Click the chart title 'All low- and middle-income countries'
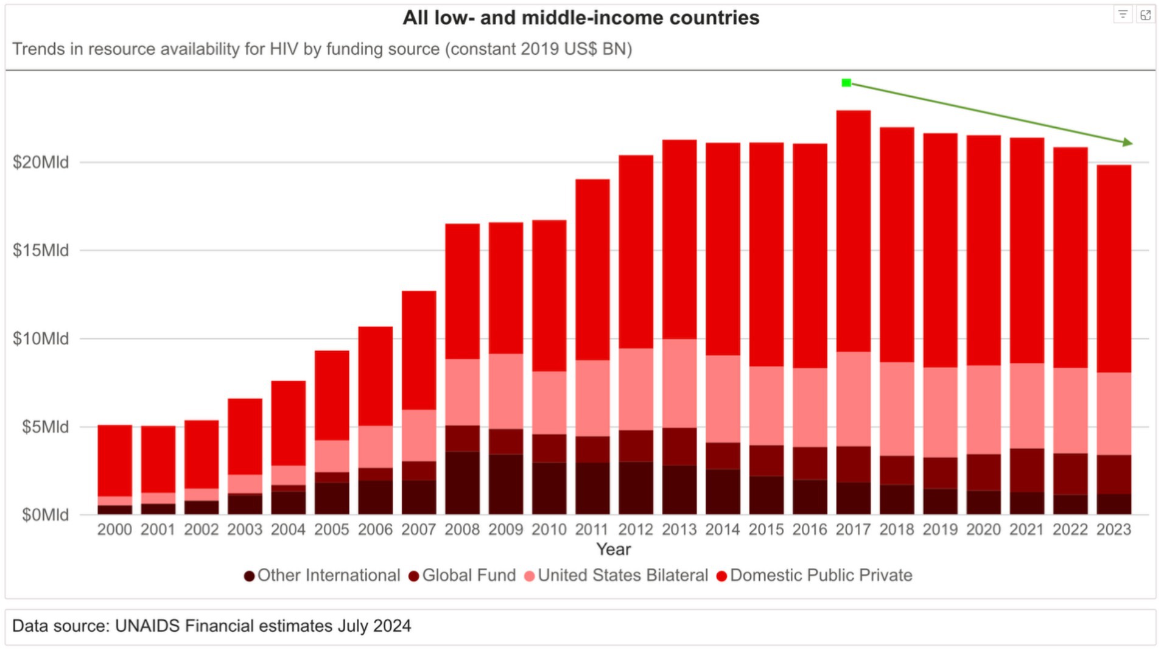[580, 18]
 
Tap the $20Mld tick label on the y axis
[40, 162]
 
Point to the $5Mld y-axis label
[44, 427]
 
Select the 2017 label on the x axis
[852, 529]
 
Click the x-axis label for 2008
[461, 529]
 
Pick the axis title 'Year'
[613, 550]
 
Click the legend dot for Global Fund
[414, 576]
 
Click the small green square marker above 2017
[846, 83]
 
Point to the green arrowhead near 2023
[1128, 142]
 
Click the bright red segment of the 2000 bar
[114, 460]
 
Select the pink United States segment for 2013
[679, 383]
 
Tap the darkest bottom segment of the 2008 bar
[461, 483]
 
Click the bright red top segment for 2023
[1114, 268]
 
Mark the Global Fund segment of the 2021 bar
[1026, 470]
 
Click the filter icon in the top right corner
[1123, 15]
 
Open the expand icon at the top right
[1145, 15]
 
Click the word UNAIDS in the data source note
[147, 626]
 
